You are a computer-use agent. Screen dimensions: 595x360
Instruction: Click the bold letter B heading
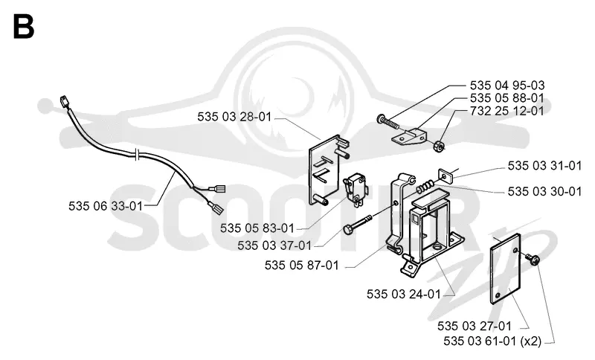click(24, 27)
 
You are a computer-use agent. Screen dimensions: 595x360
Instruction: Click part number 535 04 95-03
click(507, 86)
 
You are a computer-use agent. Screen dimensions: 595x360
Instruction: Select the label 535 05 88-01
click(507, 98)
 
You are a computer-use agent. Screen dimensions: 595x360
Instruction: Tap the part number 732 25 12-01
click(507, 111)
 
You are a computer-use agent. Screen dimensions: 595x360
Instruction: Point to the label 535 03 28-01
click(234, 117)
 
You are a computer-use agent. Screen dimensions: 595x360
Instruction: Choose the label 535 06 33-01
click(106, 206)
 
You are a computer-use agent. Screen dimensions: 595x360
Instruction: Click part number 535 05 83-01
click(257, 228)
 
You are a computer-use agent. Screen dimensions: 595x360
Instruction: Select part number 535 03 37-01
click(274, 245)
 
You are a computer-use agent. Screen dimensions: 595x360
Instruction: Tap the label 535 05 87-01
click(302, 265)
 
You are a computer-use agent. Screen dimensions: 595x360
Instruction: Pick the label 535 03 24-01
click(404, 294)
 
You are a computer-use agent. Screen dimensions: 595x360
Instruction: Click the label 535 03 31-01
click(544, 166)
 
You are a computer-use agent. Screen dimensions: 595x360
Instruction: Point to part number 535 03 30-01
click(544, 192)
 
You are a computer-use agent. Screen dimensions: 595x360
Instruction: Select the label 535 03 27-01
click(475, 327)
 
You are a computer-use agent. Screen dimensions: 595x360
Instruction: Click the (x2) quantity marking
click(531, 341)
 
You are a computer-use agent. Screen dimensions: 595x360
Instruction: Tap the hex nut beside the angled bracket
click(440, 145)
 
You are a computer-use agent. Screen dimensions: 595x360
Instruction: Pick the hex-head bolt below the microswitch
click(358, 225)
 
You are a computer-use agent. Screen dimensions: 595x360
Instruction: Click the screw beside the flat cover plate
click(533, 260)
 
